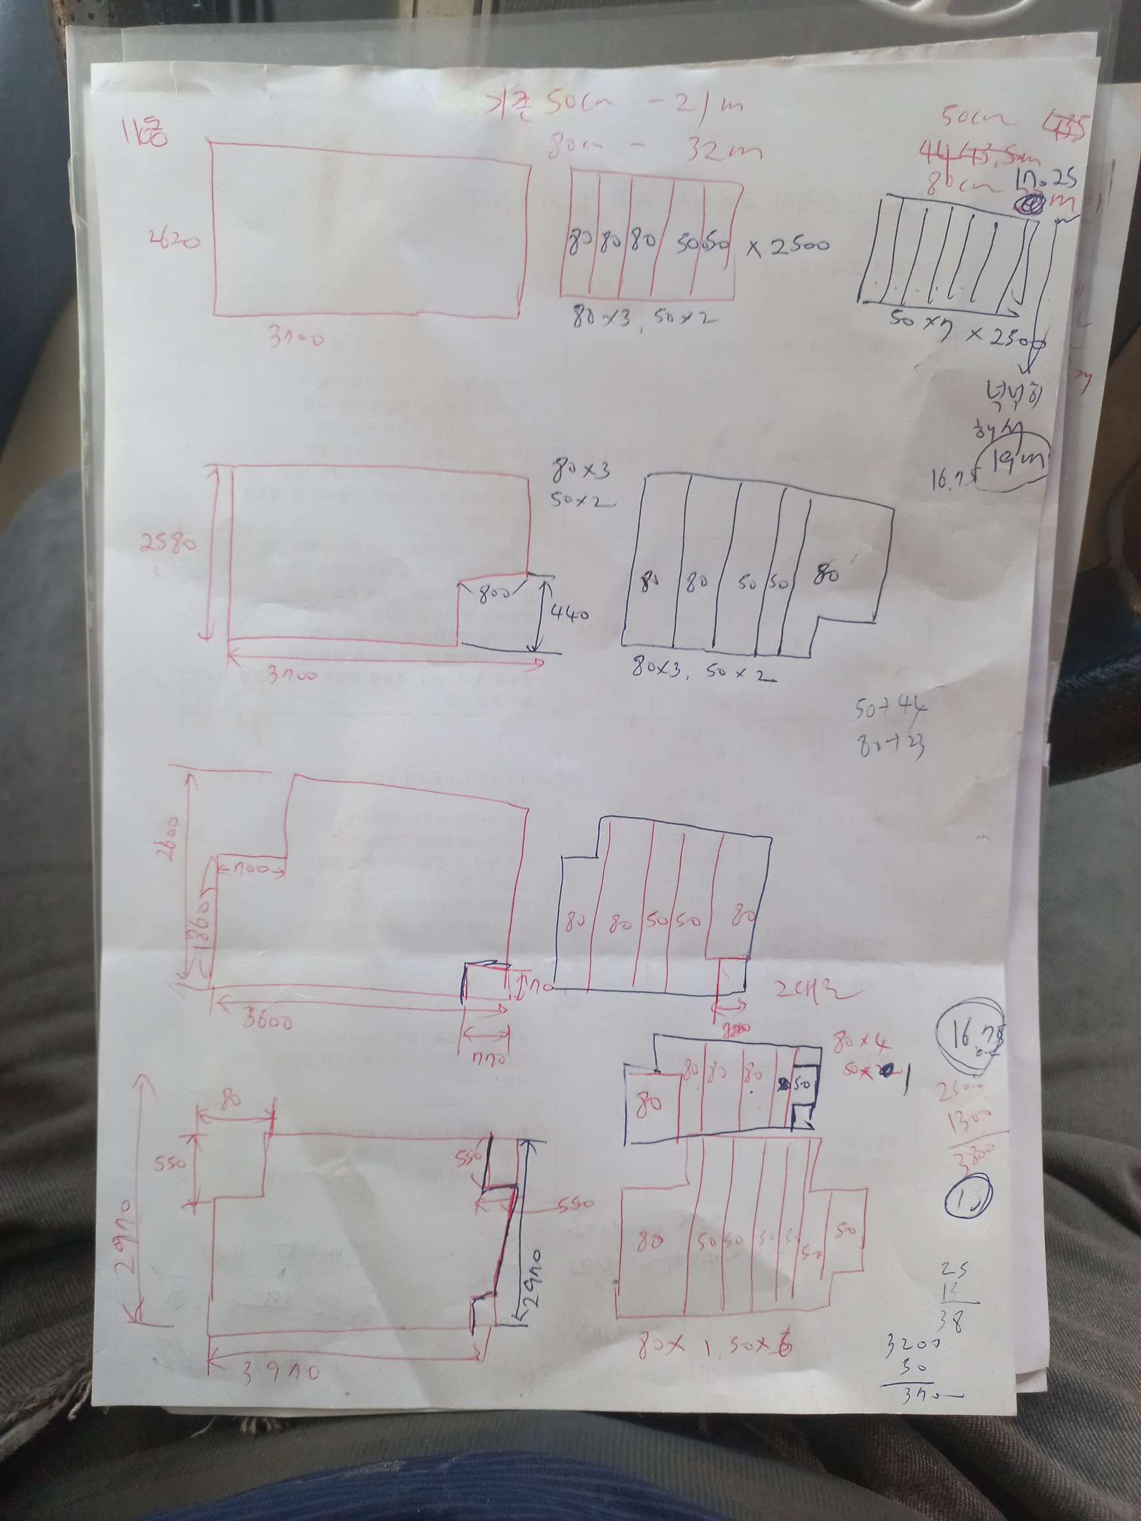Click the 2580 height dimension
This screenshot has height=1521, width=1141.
click(x=168, y=545)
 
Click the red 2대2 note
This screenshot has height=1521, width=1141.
click(x=815, y=992)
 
